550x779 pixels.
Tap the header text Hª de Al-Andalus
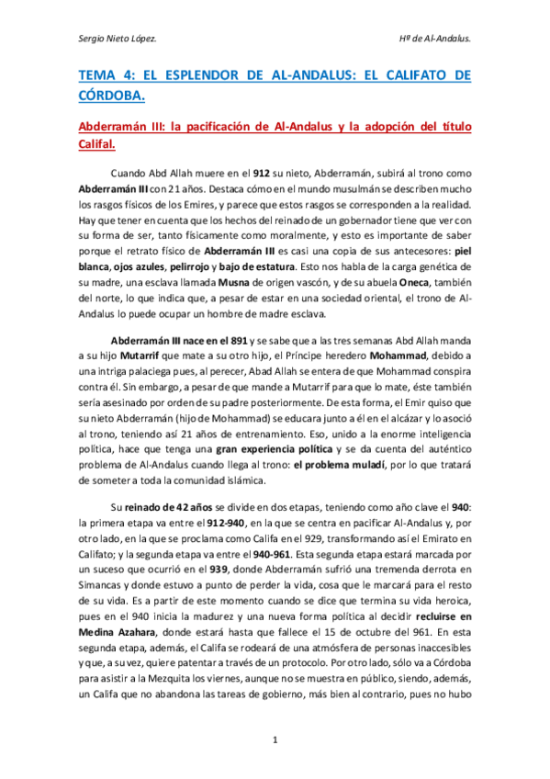[x=431, y=40]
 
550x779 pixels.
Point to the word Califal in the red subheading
[x=96, y=144]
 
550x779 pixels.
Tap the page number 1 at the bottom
[x=275, y=739]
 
